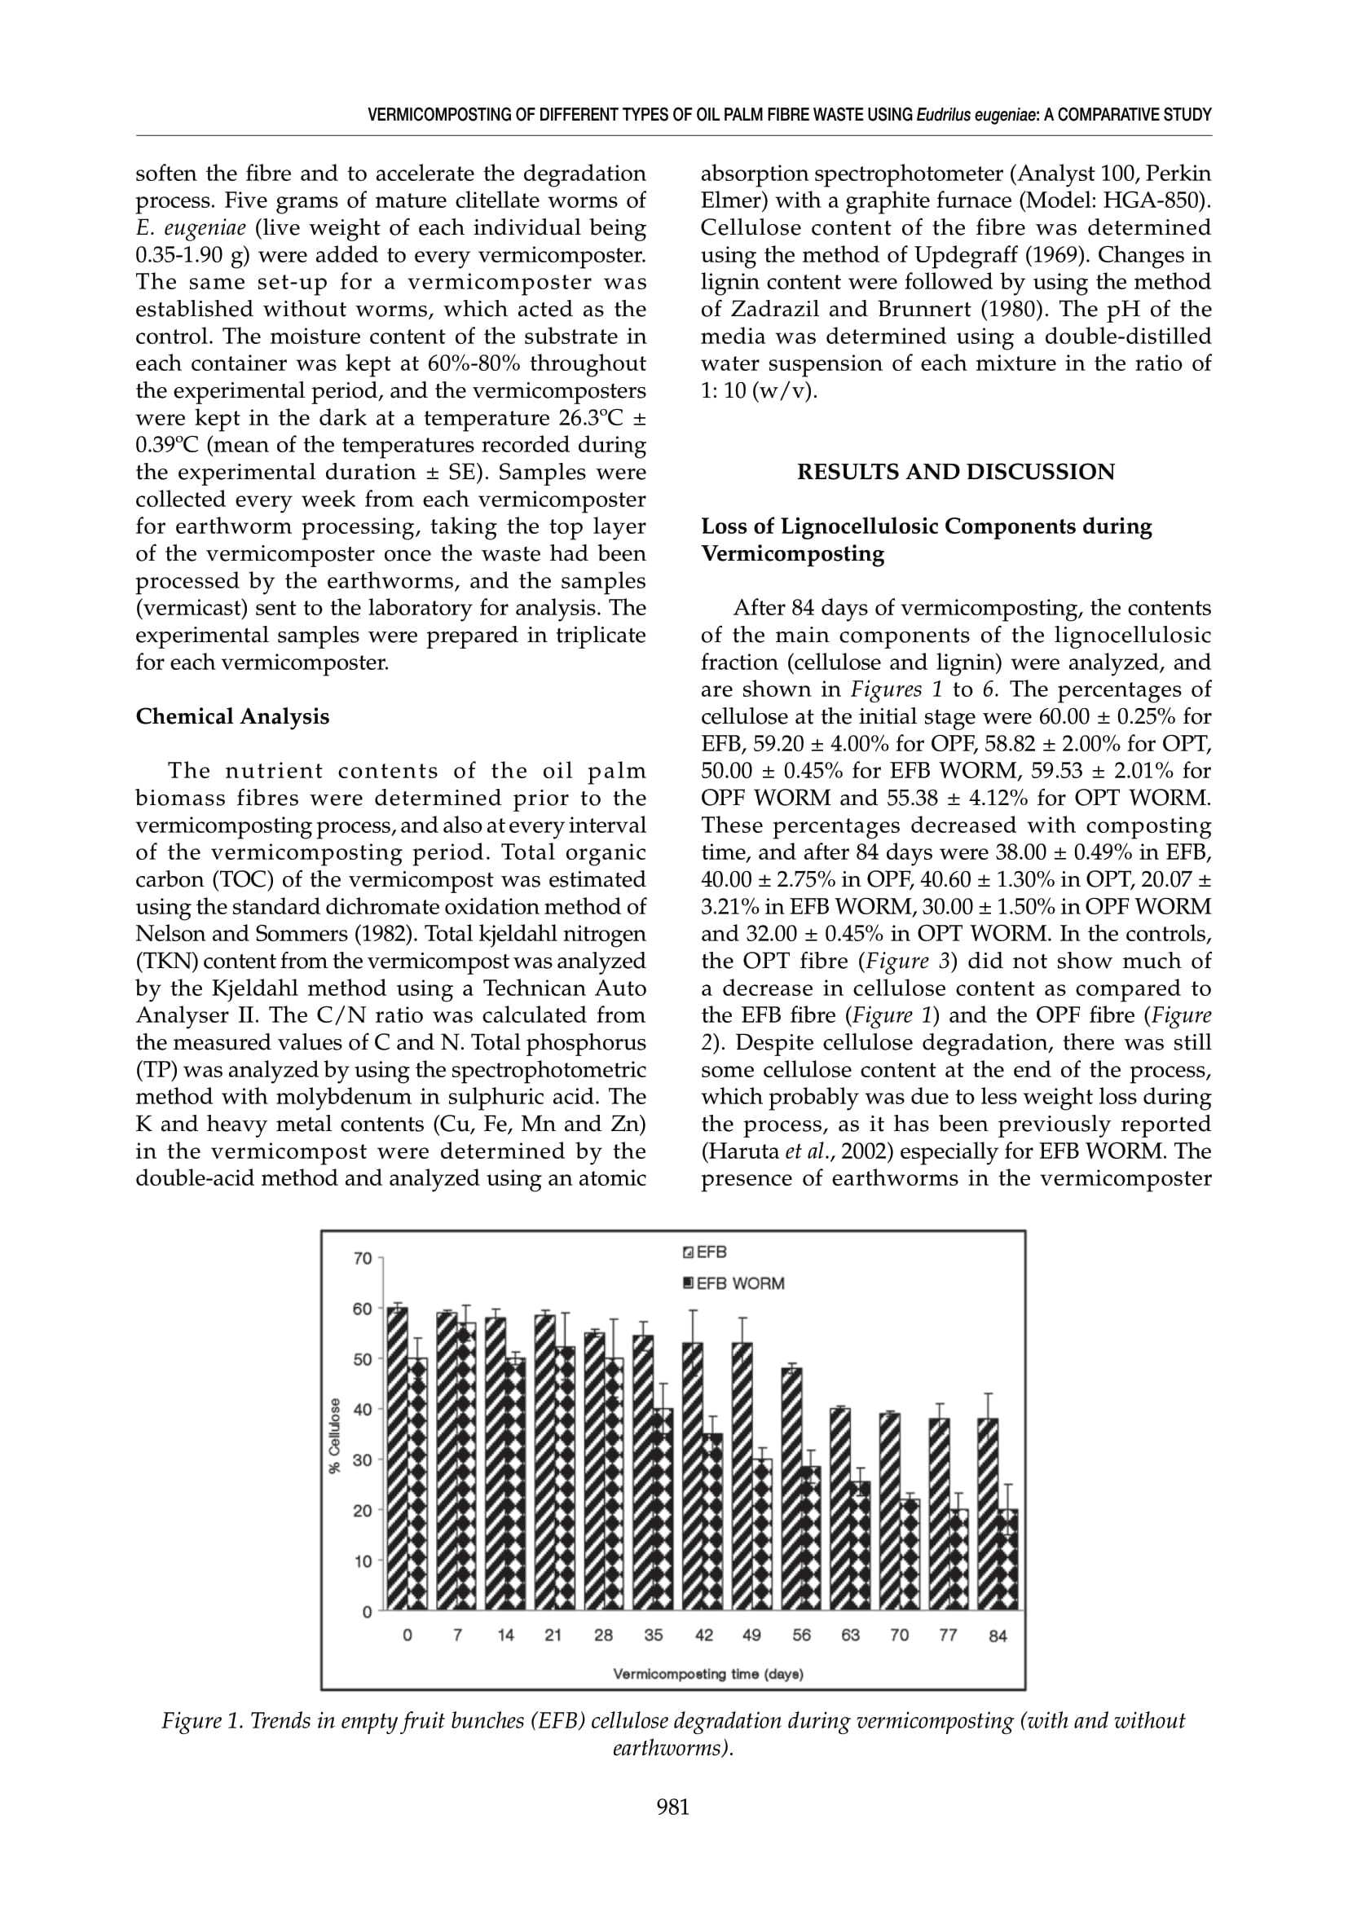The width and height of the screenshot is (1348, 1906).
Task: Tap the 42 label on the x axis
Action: (x=703, y=1635)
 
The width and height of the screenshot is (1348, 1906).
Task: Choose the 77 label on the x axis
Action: (x=948, y=1635)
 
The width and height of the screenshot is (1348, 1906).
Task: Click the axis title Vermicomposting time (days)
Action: (x=708, y=1675)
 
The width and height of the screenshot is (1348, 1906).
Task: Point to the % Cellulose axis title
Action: (x=334, y=1435)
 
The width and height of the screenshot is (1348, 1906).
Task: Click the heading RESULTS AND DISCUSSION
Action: (x=955, y=473)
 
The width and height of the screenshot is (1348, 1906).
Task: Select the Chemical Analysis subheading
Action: (x=232, y=716)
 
